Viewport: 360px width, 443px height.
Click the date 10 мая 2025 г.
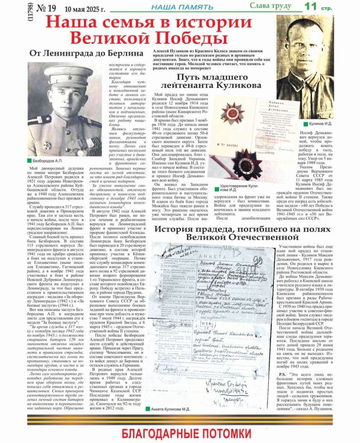(85, 8)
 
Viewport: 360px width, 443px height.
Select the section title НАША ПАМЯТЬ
(182, 7)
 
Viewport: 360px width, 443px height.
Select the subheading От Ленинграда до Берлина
(86, 53)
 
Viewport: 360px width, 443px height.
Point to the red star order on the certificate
(233, 112)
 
